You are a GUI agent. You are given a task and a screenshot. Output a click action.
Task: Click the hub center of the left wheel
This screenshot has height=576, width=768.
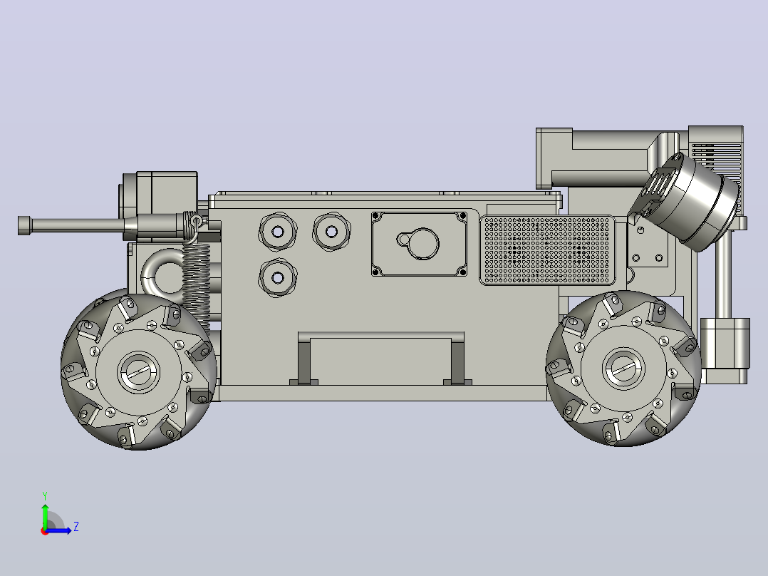pyautogui.click(x=139, y=372)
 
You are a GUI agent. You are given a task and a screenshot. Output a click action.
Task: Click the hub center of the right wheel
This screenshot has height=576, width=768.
pyautogui.click(x=623, y=369)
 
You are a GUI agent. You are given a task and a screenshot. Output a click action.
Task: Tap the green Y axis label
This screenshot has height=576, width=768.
pyautogui.click(x=45, y=496)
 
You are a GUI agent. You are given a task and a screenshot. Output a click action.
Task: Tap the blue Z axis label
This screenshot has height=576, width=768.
pyautogui.click(x=76, y=527)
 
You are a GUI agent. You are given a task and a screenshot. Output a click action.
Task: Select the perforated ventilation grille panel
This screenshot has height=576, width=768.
pyautogui.click(x=547, y=250)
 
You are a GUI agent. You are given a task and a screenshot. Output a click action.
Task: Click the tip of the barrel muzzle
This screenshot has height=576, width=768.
pyautogui.click(x=19, y=225)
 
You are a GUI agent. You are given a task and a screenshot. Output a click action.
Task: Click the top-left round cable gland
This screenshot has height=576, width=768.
pyautogui.click(x=278, y=232)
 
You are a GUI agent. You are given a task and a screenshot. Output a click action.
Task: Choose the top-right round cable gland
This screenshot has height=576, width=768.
pyautogui.click(x=331, y=231)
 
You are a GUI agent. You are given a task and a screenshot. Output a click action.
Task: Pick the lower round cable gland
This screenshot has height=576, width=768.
pyautogui.click(x=278, y=278)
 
